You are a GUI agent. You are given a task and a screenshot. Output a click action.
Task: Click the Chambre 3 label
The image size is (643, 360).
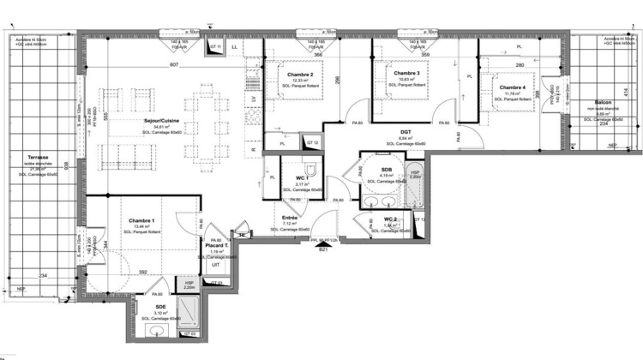coord(406,74)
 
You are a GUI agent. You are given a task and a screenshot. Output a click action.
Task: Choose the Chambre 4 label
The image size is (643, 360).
coord(513,87)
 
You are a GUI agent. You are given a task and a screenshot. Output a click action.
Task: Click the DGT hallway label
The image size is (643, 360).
coord(406,132)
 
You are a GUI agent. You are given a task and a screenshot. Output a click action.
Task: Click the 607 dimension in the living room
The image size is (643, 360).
coord(174,65)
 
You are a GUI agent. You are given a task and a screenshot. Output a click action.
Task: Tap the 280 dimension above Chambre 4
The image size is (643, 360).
coord(520,65)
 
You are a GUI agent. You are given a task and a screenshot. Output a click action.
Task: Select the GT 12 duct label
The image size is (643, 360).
coord(313,142)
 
